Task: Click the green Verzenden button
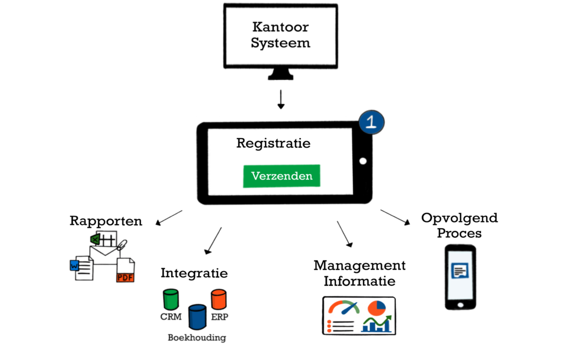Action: pyautogui.click(x=282, y=176)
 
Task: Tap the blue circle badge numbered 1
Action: pyautogui.click(x=372, y=122)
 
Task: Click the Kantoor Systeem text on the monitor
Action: pyautogui.click(x=281, y=35)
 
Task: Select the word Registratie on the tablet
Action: pyautogui.click(x=273, y=143)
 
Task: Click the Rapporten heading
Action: pyautogui.click(x=106, y=221)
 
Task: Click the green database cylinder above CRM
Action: pyautogui.click(x=170, y=298)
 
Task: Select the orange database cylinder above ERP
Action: pyautogui.click(x=219, y=298)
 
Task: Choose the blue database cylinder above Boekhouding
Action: pyautogui.click(x=197, y=316)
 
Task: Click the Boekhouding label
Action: pyautogui.click(x=197, y=338)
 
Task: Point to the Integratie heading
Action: pyautogui.click(x=194, y=273)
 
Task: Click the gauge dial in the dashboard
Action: pyautogui.click(x=344, y=308)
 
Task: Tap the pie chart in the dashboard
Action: pyautogui.click(x=377, y=308)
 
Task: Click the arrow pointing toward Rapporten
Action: pyautogui.click(x=169, y=217)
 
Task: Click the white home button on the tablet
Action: pyautogui.click(x=362, y=161)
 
